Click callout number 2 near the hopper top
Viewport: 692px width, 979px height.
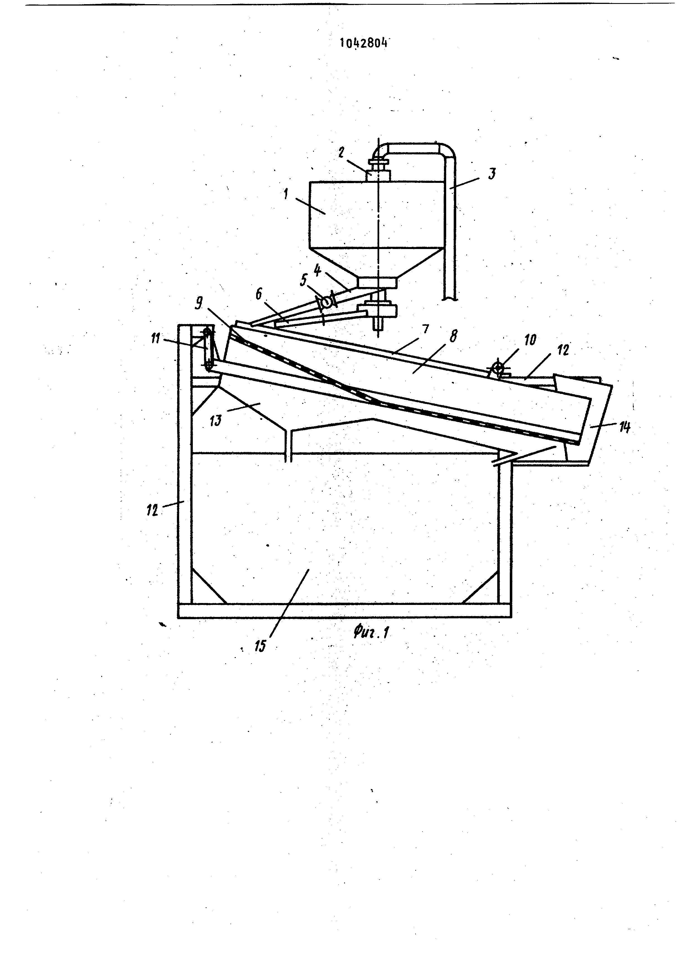pos(341,153)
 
